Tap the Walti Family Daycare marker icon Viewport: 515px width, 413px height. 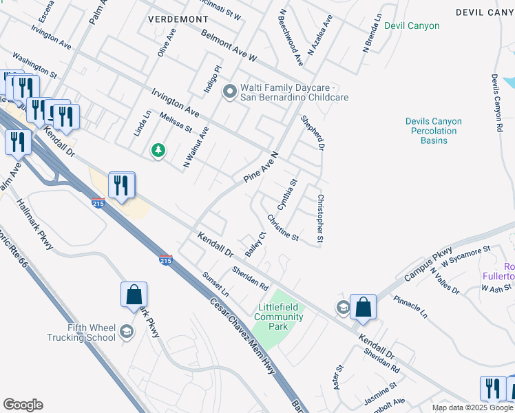point(230,91)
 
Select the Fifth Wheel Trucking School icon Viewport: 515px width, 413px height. point(126,332)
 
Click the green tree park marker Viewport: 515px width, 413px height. point(158,149)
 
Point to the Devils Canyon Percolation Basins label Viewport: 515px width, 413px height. point(434,131)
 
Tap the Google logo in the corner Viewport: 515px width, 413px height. point(23,405)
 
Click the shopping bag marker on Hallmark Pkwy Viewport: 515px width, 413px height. point(134,295)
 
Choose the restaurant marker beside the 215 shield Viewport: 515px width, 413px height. point(121,185)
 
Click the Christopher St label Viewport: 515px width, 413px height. point(320,219)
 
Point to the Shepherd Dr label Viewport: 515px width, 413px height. point(312,133)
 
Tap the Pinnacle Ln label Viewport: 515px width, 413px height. point(410,307)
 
